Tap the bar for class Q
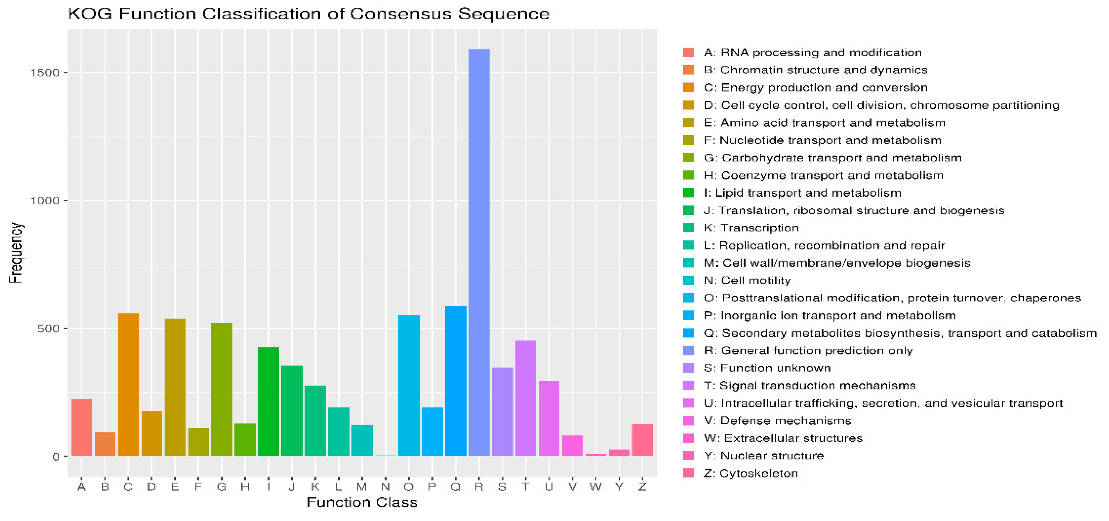point(456,381)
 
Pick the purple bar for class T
point(525,398)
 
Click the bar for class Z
point(642,440)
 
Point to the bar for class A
point(81,427)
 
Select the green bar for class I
point(268,402)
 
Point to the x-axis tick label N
point(385,487)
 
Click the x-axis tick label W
point(595,487)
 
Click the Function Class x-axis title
point(361,502)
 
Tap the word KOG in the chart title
point(89,14)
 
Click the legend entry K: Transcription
point(751,228)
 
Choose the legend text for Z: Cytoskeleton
point(750,473)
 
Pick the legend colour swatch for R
point(688,351)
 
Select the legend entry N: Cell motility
point(747,280)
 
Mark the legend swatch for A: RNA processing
point(688,53)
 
